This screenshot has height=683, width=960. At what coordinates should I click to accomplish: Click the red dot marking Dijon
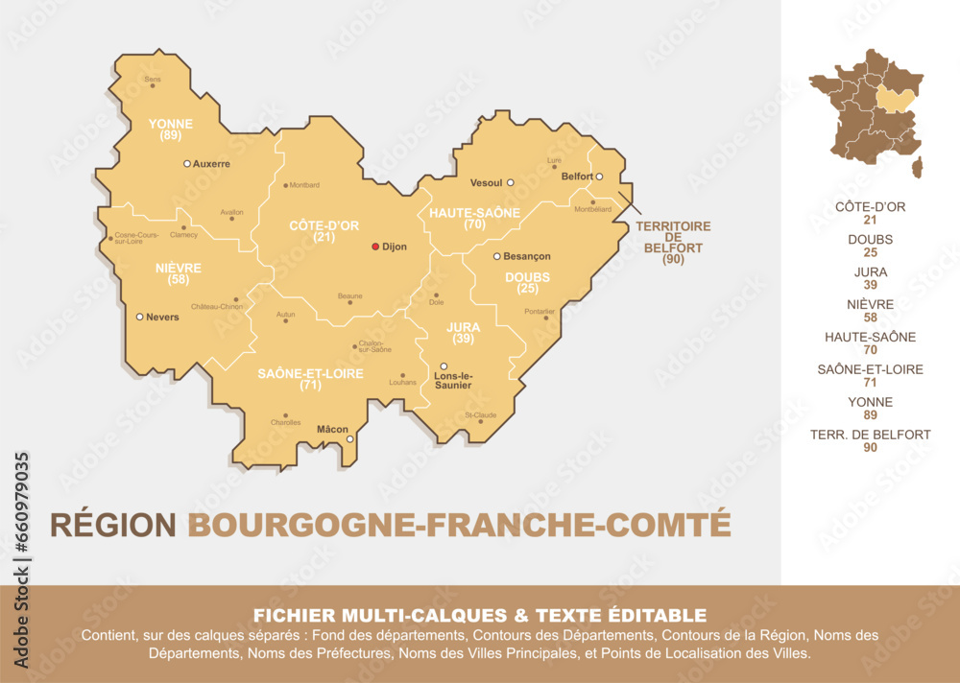click(375, 247)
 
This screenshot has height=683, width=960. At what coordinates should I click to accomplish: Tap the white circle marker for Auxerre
click(187, 164)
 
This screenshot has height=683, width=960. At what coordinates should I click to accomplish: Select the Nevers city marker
click(139, 317)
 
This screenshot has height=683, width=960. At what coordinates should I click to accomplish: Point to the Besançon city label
click(527, 257)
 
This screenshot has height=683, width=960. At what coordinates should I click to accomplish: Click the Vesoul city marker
click(511, 182)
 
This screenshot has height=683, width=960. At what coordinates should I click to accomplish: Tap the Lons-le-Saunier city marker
click(444, 365)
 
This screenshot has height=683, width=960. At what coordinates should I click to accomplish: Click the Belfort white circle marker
click(598, 177)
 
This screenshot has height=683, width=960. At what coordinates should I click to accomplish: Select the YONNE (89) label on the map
click(171, 130)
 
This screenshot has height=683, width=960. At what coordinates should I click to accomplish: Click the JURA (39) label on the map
click(464, 333)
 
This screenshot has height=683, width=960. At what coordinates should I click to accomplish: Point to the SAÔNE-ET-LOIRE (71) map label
click(310, 379)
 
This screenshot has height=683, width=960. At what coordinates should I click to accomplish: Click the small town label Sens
click(152, 79)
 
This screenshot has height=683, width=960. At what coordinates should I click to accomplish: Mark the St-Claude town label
click(481, 415)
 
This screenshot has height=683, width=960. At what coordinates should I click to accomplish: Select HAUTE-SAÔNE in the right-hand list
click(870, 337)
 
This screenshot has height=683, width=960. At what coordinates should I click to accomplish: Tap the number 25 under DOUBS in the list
click(870, 253)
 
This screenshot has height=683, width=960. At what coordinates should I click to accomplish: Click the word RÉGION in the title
click(113, 525)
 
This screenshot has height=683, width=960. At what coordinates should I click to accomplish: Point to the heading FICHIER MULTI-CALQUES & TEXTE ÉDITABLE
click(479, 615)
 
